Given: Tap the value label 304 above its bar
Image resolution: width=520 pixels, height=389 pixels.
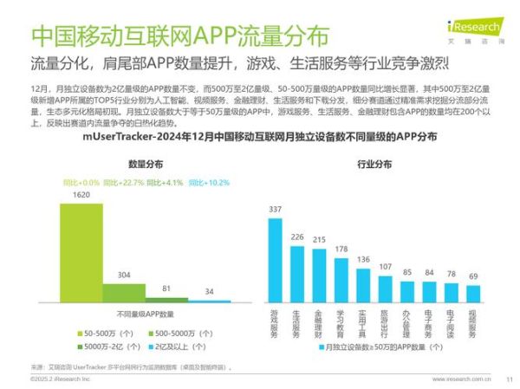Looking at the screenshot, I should tap(125, 275).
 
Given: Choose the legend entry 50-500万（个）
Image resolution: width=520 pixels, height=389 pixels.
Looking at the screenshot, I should tap(107, 332).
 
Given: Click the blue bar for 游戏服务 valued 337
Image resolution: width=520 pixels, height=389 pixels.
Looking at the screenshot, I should tap(275, 259).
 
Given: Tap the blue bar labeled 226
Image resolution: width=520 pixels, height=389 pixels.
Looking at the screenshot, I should tap(296, 273).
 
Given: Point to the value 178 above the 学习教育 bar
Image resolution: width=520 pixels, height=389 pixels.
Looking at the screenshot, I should tap(341, 249).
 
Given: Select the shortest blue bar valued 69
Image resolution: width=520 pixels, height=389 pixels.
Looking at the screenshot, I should tap(472, 293).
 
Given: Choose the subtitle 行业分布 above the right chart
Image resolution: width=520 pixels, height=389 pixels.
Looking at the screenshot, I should tap(374, 164).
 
